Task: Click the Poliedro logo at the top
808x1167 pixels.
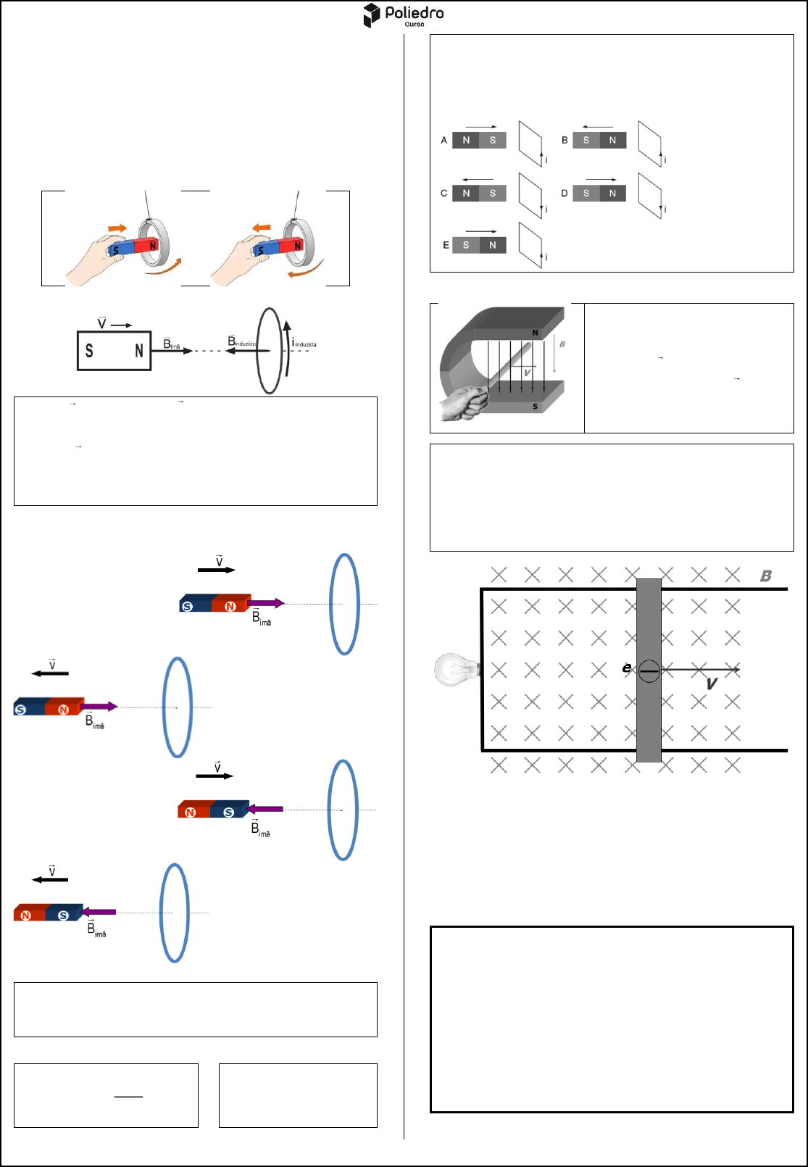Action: tap(404, 15)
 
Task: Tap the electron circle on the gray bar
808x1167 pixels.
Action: tap(649, 671)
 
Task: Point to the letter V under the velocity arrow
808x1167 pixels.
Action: tap(712, 684)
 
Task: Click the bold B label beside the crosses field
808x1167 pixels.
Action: tap(766, 576)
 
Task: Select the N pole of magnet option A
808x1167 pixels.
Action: tap(466, 140)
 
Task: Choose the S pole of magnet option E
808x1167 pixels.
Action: tap(466, 245)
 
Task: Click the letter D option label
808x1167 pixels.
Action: tap(565, 194)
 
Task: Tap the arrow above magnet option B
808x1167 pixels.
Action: tap(598, 127)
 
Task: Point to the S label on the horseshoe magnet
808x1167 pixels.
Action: tap(535, 407)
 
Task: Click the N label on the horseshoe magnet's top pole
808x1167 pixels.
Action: tap(535, 333)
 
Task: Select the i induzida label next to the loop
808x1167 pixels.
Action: tap(304, 344)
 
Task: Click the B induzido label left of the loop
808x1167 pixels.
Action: tap(242, 341)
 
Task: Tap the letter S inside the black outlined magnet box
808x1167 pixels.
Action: tap(89, 351)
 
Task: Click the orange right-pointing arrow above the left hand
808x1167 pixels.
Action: tap(117, 228)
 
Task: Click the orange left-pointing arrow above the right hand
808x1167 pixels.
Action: tap(262, 228)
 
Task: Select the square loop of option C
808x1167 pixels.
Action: tap(531, 196)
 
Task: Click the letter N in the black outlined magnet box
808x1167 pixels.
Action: tap(139, 351)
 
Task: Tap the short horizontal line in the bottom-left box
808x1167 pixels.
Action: tap(128, 1097)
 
